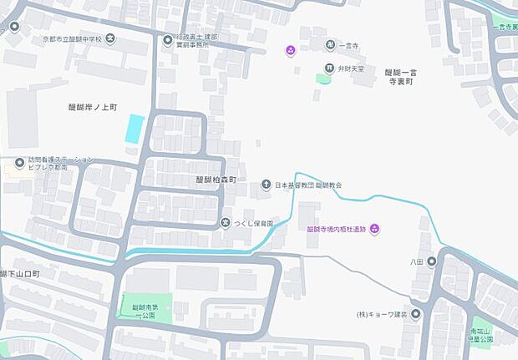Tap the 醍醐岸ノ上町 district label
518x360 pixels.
[x=93, y=107]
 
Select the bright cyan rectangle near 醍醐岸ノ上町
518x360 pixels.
[x=135, y=129]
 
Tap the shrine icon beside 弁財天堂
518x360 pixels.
[x=330, y=68]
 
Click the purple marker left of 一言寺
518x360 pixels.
[x=290, y=50]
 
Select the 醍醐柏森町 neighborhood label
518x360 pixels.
[x=216, y=180]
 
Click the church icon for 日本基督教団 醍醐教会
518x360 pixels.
[x=266, y=185]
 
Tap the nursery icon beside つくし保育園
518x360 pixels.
[x=226, y=223]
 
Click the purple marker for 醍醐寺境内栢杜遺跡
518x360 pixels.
[x=375, y=229]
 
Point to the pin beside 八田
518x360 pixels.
[x=432, y=261]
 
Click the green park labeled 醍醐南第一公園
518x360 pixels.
[x=146, y=306]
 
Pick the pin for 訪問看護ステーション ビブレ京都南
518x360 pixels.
[x=19, y=162]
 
